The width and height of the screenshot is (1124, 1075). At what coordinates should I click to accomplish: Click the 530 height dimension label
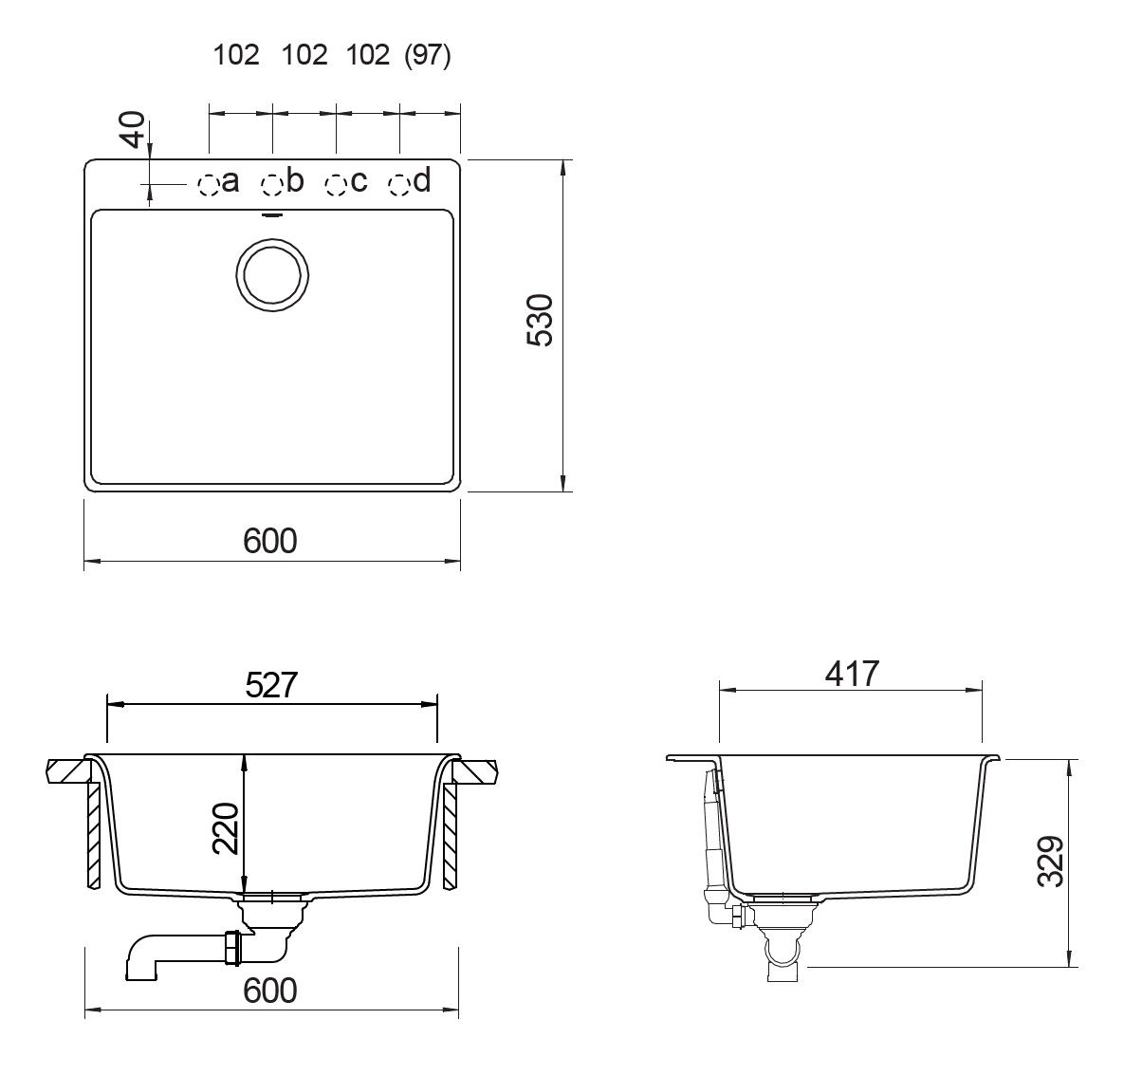tap(540, 321)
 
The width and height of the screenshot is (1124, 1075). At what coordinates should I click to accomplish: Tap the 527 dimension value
tap(271, 685)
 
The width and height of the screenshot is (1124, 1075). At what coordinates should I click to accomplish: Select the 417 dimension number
tap(852, 674)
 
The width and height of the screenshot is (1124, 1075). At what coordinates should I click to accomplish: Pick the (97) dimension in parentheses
tap(427, 55)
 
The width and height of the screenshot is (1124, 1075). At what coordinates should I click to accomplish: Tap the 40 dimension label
tap(134, 129)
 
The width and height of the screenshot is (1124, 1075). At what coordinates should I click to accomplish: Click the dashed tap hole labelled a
tap(208, 185)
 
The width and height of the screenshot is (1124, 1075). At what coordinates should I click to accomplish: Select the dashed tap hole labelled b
tap(271, 185)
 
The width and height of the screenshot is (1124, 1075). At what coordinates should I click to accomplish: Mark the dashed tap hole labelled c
tap(336, 185)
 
